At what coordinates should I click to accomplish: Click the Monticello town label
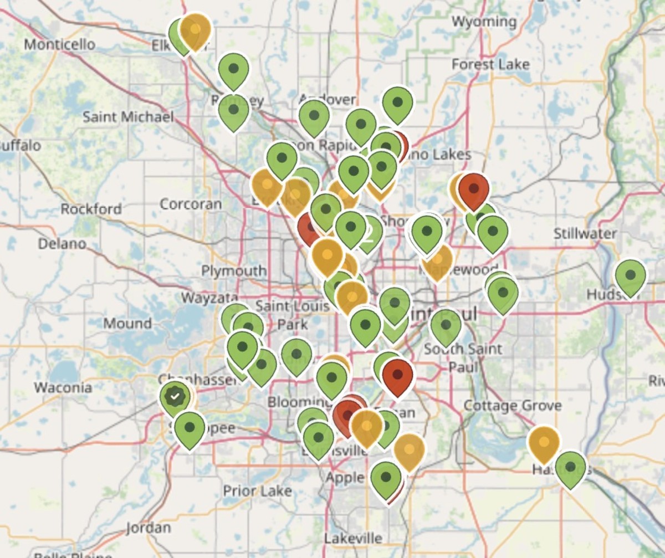[x=59, y=44]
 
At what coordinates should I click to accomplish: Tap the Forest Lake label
[x=490, y=64]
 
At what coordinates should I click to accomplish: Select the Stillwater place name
[x=585, y=233]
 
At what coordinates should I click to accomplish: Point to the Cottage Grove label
[x=512, y=406]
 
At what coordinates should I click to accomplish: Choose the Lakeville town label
[x=353, y=537]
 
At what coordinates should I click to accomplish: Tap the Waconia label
[x=63, y=387]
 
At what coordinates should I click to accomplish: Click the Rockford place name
[x=91, y=209]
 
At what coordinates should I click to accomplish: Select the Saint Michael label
[x=128, y=117]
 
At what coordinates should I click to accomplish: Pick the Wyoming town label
[x=484, y=22]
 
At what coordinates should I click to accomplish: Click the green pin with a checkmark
[x=176, y=397]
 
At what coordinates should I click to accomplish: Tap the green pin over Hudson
[x=630, y=275]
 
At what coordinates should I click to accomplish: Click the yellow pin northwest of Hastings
[x=544, y=443]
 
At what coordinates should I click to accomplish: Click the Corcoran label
[x=191, y=203]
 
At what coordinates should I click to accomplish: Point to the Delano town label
[x=62, y=243]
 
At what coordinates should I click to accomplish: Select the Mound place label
[x=127, y=323]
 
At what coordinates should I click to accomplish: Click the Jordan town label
[x=148, y=527]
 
